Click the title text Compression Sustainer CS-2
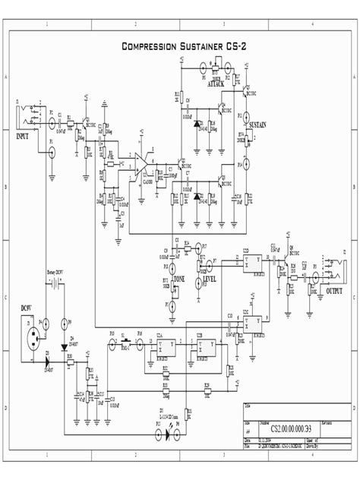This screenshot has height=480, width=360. [x=184, y=47]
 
